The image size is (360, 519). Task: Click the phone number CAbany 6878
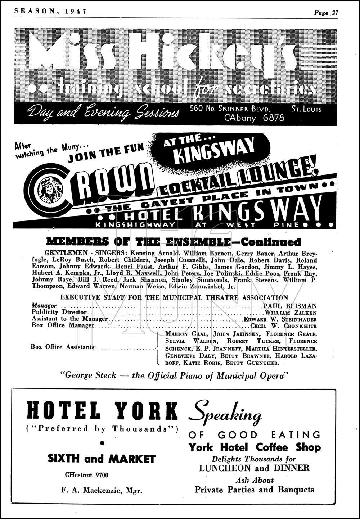[x=254, y=118]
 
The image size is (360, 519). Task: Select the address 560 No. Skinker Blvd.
[x=230, y=109]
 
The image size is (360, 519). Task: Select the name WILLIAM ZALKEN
[x=291, y=313]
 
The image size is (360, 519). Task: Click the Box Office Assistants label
[x=63, y=347]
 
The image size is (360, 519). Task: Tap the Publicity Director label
[x=59, y=313]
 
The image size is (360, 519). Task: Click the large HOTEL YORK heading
[x=103, y=411]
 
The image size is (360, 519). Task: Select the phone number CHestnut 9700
[x=86, y=475]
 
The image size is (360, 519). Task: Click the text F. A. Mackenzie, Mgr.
[x=102, y=490]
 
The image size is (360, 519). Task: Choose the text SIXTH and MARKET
[x=102, y=459]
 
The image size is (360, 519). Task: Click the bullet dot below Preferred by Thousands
[x=102, y=443]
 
